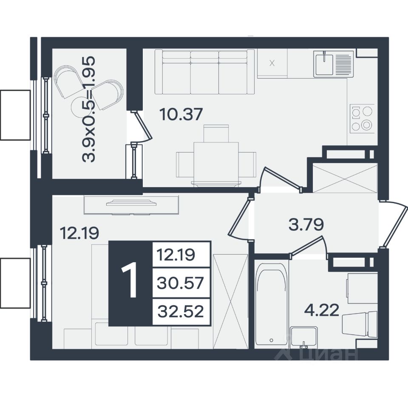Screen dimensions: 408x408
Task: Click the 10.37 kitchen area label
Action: (181, 115)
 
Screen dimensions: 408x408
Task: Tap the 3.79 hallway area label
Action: (306, 224)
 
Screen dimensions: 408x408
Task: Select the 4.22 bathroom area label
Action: (322, 310)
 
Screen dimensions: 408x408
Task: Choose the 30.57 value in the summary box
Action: (180, 283)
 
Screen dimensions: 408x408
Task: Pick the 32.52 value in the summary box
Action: (181, 311)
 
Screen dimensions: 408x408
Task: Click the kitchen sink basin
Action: (323, 63)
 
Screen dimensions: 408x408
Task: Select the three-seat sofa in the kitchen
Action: (204, 72)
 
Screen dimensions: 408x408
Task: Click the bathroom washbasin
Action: (304, 337)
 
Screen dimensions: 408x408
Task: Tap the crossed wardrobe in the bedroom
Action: (230, 302)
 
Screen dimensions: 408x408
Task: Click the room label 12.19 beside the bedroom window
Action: (79, 232)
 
